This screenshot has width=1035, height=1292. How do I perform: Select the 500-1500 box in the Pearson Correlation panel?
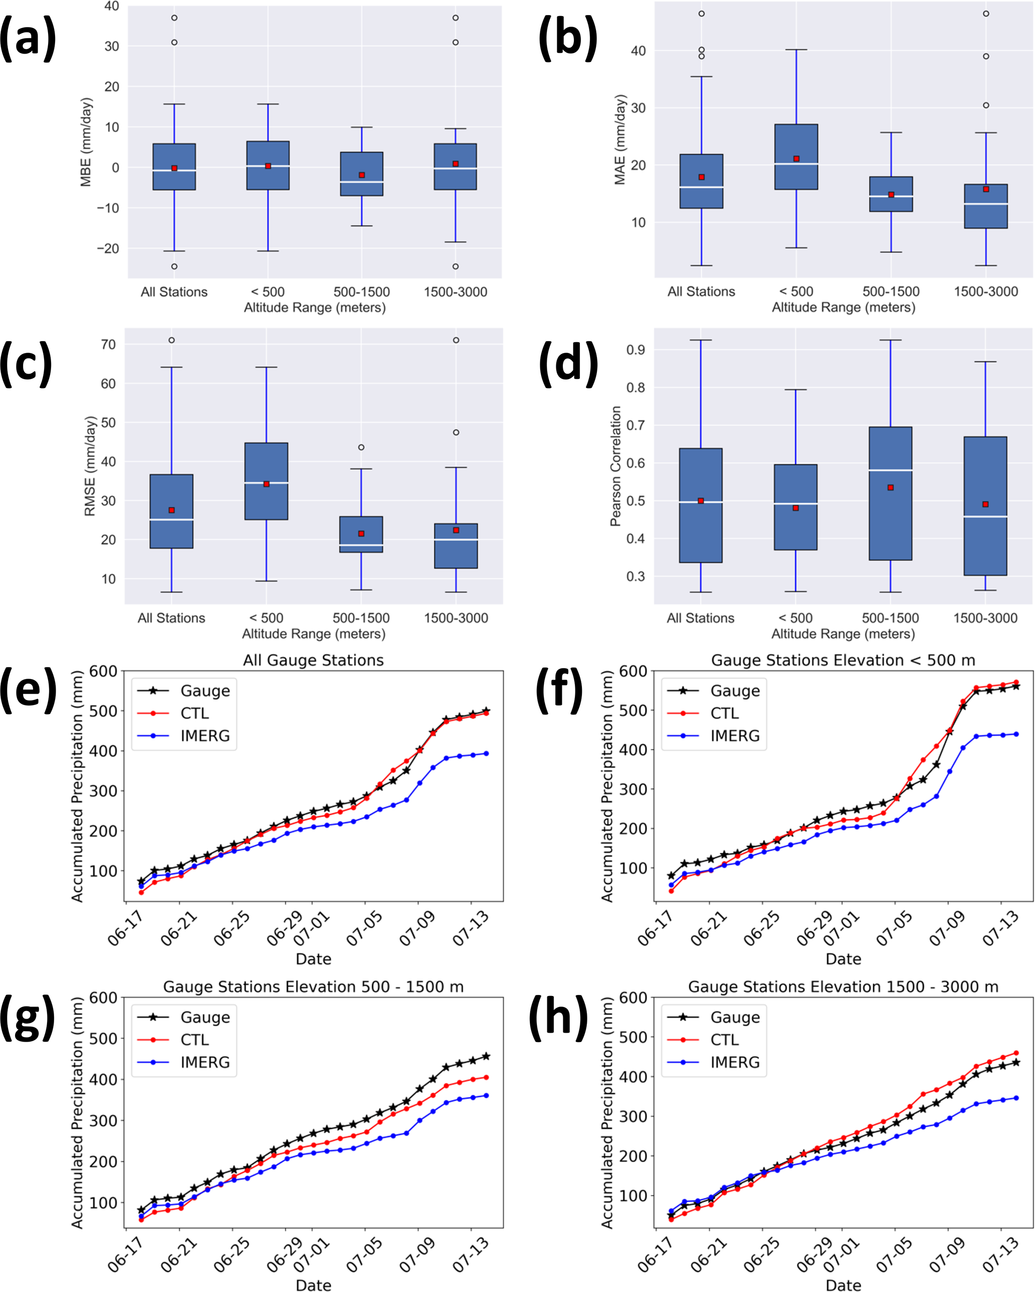click(891, 493)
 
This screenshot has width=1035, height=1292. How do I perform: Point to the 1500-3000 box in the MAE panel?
click(986, 206)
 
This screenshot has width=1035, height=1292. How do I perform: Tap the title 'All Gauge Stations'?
click(313, 660)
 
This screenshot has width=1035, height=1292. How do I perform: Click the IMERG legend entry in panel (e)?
click(185, 735)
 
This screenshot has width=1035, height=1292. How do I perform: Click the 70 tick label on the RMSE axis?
click(109, 345)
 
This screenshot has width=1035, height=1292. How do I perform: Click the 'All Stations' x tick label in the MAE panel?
click(701, 292)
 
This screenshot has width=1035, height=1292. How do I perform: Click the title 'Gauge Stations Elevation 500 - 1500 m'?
click(313, 987)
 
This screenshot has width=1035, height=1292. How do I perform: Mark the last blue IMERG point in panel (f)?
click(1016, 734)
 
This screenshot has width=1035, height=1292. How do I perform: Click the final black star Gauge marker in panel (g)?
click(486, 1056)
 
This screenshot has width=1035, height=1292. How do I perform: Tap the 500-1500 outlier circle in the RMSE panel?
click(362, 447)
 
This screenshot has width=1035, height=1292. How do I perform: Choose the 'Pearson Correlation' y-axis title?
click(615, 466)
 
